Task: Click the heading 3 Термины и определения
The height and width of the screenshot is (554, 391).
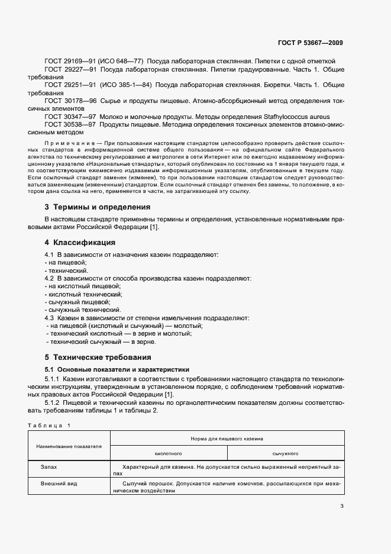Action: tap(97, 207)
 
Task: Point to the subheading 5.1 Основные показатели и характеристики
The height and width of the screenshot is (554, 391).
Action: tap(109, 368)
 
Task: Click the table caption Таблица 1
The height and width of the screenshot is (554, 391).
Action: tap(49, 426)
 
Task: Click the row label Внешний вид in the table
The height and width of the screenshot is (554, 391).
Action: tap(57, 484)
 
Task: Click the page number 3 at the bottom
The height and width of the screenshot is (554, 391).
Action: tap(341, 505)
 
